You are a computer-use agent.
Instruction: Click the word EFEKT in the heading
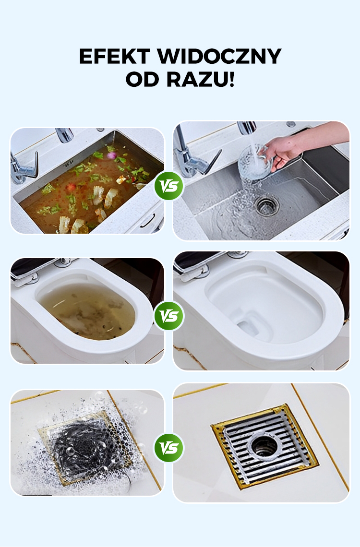[x=114, y=56]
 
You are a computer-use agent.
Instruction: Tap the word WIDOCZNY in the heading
[x=219, y=56]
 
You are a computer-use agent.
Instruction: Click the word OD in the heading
[x=143, y=80]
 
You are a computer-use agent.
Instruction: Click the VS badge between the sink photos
[x=169, y=186]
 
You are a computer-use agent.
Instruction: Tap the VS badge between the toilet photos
[x=169, y=316]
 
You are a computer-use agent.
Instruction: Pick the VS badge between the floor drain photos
[x=169, y=448]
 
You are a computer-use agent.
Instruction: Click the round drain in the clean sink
[x=267, y=205]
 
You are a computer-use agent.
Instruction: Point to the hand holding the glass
[x=283, y=151]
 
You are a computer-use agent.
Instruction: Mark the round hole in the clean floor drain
[x=264, y=445]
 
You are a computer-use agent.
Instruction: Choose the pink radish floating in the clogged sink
[x=112, y=155]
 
